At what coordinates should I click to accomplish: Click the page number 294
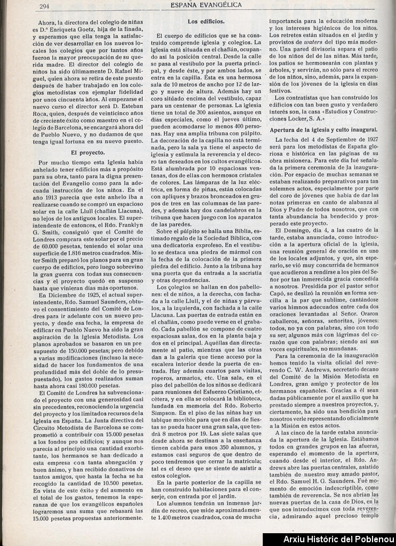click(x=45, y=6)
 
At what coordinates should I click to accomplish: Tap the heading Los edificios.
click(x=206, y=21)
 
